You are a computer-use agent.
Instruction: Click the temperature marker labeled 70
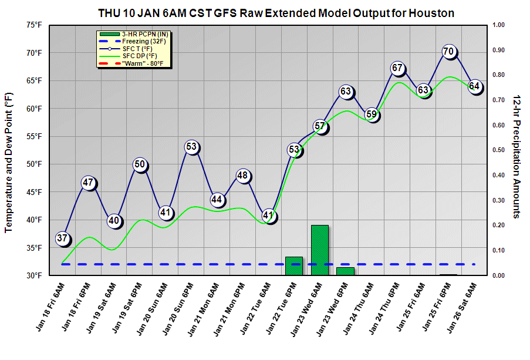[449, 52]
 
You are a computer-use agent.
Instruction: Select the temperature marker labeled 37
[63, 238]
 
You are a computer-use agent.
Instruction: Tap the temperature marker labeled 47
[89, 183]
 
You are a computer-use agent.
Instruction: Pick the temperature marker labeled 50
[140, 165]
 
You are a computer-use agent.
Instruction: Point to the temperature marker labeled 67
[397, 68]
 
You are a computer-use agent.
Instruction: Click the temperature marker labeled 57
[320, 126]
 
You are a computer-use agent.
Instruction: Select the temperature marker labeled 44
[217, 200]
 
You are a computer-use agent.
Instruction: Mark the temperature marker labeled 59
[372, 115]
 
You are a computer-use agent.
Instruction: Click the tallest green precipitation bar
[320, 250]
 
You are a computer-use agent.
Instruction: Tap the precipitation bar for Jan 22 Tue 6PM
[294, 265]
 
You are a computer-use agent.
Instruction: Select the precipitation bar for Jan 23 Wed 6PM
[345, 271]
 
